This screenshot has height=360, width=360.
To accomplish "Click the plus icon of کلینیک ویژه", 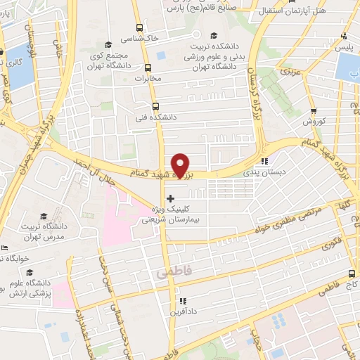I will (x=171, y=199).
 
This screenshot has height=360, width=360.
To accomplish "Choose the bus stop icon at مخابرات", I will (x=148, y=68).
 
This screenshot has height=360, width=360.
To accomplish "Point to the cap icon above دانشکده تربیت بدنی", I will (x=214, y=36).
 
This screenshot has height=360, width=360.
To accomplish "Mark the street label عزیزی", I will (x=291, y=71).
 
